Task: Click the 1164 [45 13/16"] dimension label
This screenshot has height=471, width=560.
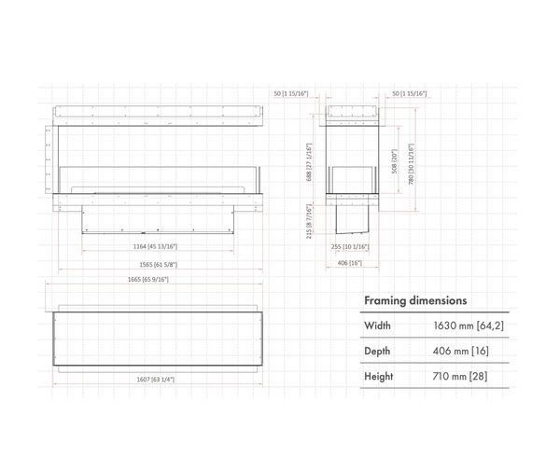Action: pos(156,246)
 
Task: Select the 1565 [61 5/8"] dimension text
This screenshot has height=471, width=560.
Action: pos(156,265)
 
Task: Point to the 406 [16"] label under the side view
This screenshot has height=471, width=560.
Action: pos(350,263)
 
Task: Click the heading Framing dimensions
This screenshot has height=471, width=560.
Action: pos(415,301)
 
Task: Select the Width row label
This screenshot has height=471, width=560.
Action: pos(378,326)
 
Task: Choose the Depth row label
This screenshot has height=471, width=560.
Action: pos(378,351)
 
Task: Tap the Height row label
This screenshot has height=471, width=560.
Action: pos(379,376)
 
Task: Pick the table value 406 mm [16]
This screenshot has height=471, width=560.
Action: pos(460,351)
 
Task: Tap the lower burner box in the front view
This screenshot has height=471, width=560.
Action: pos(156,218)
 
